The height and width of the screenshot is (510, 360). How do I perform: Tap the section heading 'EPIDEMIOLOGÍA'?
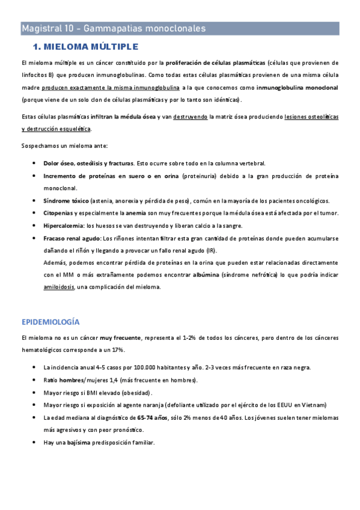click(50, 322)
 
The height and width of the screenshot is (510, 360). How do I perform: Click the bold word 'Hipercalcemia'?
click(63, 226)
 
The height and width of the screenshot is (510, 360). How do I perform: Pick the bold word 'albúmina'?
click(204, 275)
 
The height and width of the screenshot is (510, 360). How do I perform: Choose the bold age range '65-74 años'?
click(153, 417)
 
